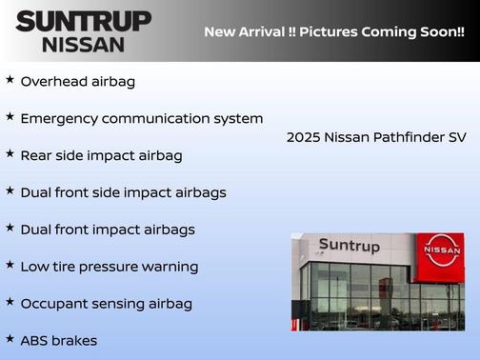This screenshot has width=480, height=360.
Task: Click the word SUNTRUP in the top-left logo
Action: (83, 21)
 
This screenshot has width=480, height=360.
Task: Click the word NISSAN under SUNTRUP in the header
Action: (83, 44)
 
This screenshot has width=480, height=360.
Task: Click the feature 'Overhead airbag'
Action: (78, 82)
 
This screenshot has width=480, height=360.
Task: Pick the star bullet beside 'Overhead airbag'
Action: (10, 80)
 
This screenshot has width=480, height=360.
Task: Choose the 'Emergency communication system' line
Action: (141, 119)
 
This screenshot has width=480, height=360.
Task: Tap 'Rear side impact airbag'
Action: (101, 155)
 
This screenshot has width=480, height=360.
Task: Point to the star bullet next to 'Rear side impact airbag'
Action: (10, 153)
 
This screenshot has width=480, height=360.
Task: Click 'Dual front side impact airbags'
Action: (123, 192)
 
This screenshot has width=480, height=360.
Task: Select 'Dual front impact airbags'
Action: (108, 230)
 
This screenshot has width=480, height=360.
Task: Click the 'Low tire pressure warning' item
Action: (109, 267)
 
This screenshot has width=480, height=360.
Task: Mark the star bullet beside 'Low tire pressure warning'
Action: (10, 265)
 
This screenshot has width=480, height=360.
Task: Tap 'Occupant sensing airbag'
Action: (106, 304)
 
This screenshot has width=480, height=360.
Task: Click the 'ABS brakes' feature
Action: (59, 340)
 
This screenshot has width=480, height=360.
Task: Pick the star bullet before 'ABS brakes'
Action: (10, 338)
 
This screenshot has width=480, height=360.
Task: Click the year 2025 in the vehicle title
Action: (303, 137)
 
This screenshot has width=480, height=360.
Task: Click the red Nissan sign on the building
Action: (442, 250)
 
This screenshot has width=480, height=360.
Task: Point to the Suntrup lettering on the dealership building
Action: (349, 247)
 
